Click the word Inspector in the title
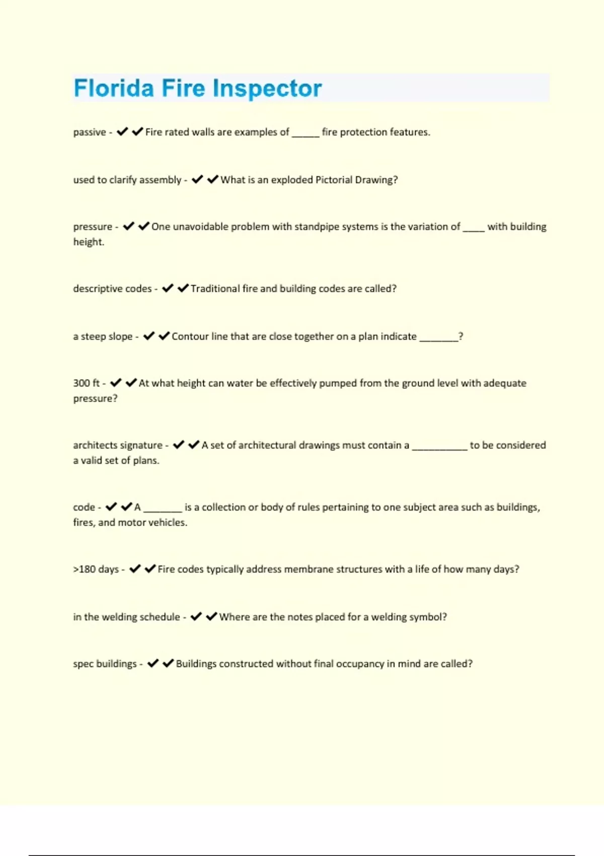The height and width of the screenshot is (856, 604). [267, 89]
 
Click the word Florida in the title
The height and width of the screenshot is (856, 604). [114, 88]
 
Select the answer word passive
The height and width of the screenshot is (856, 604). [90, 132]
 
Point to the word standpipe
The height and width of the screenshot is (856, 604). [319, 227]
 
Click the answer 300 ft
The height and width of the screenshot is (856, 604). [87, 383]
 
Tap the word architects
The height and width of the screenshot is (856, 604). [95, 445]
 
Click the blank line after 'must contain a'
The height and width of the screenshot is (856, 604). [439, 447]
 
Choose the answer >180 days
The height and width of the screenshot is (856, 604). [96, 569]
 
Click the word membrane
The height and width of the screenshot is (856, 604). [309, 569]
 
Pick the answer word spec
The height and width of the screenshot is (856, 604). [84, 664]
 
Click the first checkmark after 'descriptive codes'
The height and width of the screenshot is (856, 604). [168, 288]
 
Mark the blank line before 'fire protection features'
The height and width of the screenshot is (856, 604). [306, 134]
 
